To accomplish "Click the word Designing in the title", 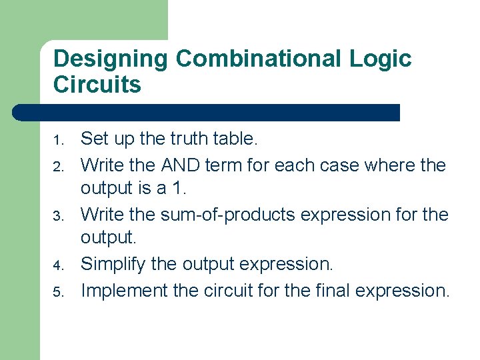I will tap(111, 59).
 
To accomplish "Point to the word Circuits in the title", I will tap(97, 85).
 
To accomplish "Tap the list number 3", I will tap(59, 216).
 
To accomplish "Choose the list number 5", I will tap(59, 292).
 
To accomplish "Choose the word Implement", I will tap(123, 291).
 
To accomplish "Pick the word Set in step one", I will tap(93, 139).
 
